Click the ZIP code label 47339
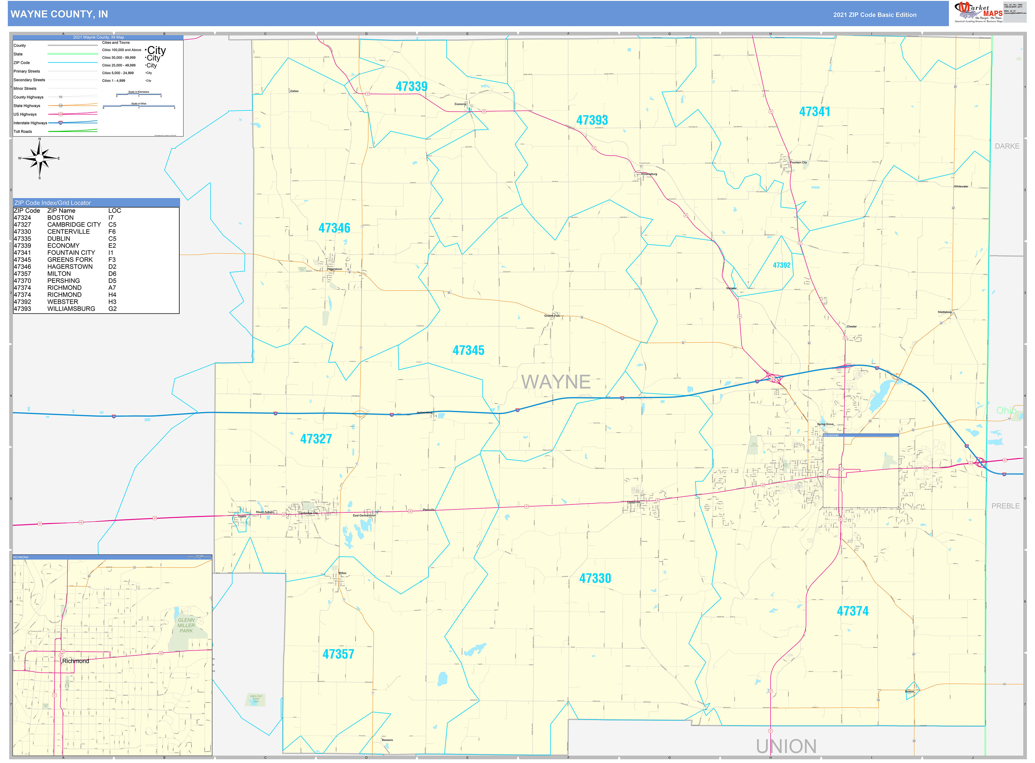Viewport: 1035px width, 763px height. pyautogui.click(x=411, y=86)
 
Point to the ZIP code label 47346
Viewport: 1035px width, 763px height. pyautogui.click(x=334, y=228)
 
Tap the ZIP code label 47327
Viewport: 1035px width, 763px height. pyautogui.click(x=316, y=438)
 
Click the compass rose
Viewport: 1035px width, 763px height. pyautogui.click(x=40, y=158)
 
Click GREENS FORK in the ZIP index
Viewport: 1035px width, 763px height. pyautogui.click(x=70, y=260)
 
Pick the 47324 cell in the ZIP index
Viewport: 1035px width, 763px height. pyautogui.click(x=22, y=217)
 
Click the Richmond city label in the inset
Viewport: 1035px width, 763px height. pyautogui.click(x=76, y=661)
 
